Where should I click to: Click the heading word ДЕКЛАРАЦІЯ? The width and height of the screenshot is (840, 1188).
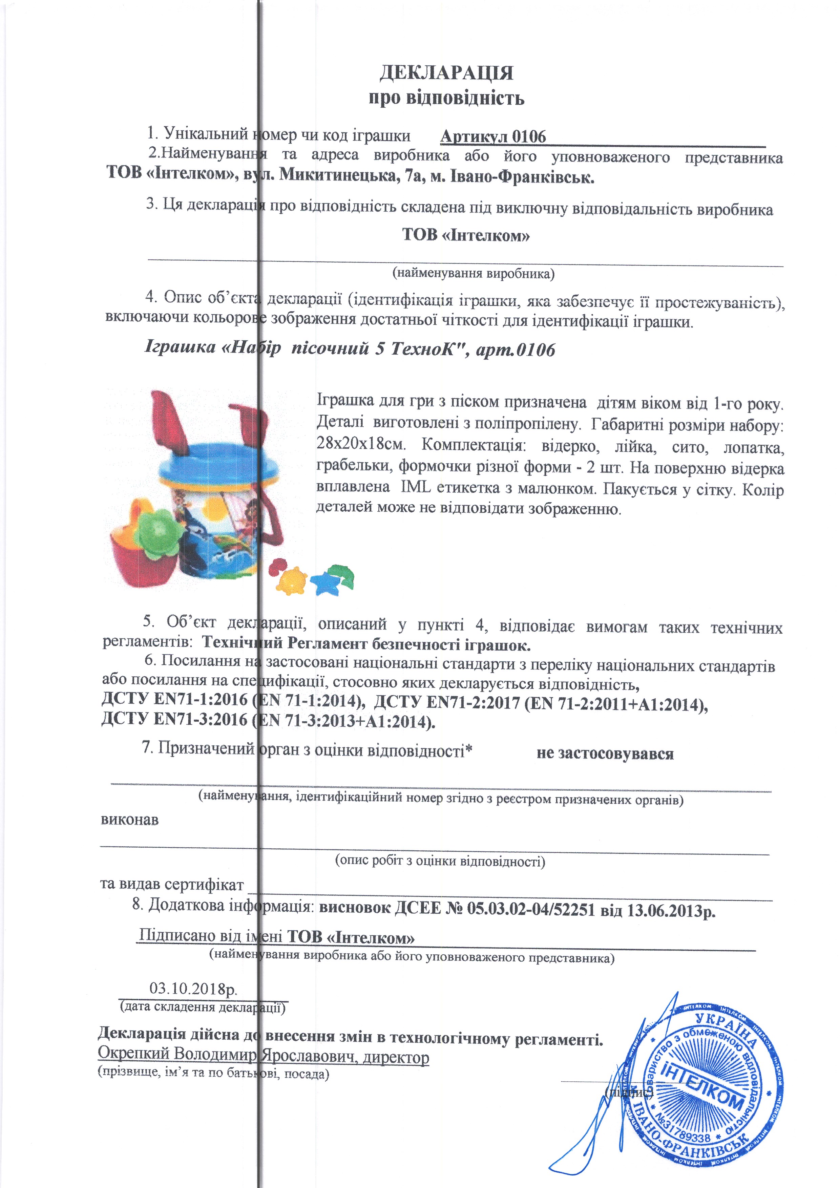pyautogui.click(x=446, y=72)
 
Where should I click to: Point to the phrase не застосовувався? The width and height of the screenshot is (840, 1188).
pyautogui.click(x=605, y=754)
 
